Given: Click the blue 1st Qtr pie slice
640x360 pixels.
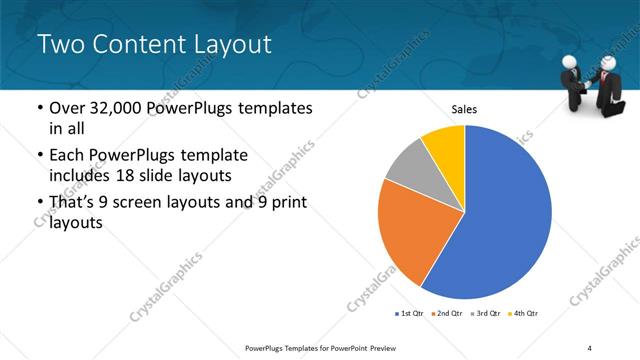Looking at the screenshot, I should (500, 220).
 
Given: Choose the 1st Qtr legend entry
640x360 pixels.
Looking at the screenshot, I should (409, 314).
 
